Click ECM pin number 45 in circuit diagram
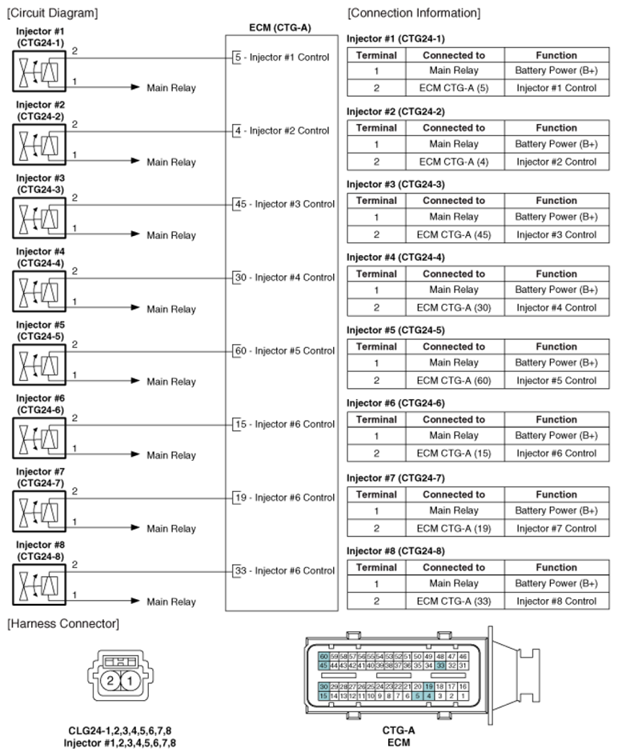pyautogui.click(x=239, y=204)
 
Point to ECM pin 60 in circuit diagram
pyautogui.click(x=239, y=350)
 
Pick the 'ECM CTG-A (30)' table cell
pyautogui.click(x=453, y=307)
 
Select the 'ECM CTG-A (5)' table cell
pyautogui.click(x=453, y=88)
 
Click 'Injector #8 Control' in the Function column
pyautogui.click(x=556, y=601)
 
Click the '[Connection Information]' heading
pyautogui.click(x=414, y=13)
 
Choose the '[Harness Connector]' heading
pyautogui.click(x=62, y=623)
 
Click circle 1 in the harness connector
pyautogui.click(x=130, y=681)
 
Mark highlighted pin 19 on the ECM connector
pyautogui.click(x=429, y=686)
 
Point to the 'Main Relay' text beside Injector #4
pyautogui.click(x=171, y=309)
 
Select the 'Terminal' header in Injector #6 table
pyautogui.click(x=376, y=419)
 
